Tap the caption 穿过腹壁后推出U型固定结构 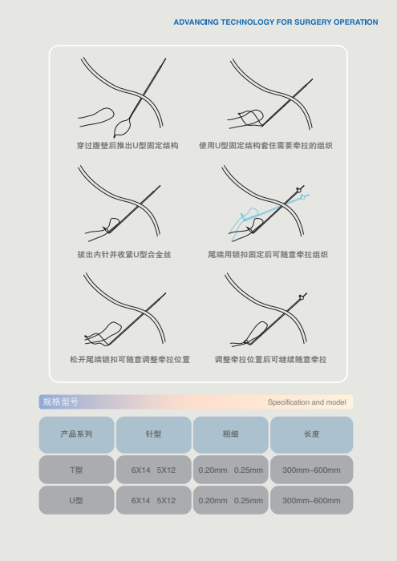[x=128, y=146]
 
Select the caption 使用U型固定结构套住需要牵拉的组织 [x=265, y=146]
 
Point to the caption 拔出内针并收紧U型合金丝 [x=124, y=255]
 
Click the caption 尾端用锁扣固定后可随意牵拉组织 [x=268, y=255]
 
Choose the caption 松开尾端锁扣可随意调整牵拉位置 [x=130, y=360]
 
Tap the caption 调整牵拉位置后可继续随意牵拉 [x=270, y=360]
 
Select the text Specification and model [x=307, y=402]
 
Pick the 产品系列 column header [x=76, y=434]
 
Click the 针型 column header [x=153, y=434]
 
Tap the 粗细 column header [x=230, y=434]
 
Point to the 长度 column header [x=311, y=434]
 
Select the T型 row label [x=76, y=470]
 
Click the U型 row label [x=76, y=500]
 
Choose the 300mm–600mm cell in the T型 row [x=311, y=470]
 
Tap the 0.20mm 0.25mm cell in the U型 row [x=230, y=500]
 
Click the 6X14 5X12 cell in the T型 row [x=153, y=470]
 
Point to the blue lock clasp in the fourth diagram [x=302, y=197]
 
